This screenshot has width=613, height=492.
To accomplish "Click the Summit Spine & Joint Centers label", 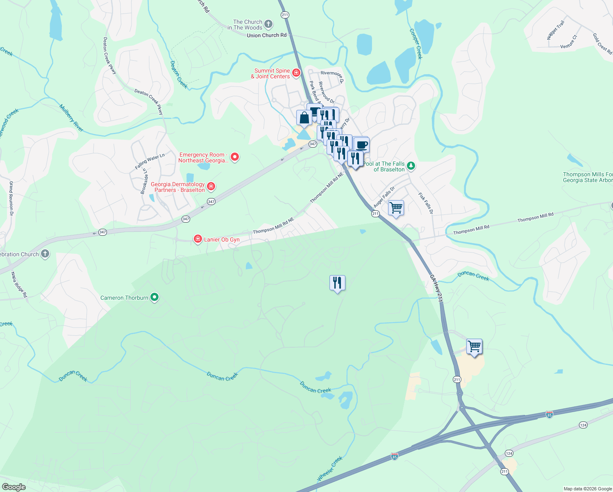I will [270, 73].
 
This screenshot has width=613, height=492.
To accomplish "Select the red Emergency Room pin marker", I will [235, 157].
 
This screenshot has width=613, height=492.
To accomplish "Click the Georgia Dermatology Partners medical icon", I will [211, 187].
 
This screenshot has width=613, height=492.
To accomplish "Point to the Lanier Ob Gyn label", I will [222, 239].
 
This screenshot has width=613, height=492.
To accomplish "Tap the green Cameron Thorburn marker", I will [154, 297].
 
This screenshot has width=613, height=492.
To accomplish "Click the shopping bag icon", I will [304, 118].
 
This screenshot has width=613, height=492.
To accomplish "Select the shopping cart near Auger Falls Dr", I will [396, 208].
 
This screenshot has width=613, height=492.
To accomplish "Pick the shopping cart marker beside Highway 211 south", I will [474, 346].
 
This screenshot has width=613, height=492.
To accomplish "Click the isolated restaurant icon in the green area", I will [337, 283].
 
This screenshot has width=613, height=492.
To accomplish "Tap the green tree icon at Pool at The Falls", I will [411, 166].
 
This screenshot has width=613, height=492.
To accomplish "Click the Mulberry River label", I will [71, 118].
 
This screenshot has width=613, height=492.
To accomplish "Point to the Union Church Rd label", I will [266, 36].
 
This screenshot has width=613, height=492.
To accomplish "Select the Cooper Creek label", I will [416, 43].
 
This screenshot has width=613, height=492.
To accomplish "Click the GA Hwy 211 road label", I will [436, 288].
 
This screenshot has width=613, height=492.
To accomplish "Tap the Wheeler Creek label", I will [330, 469].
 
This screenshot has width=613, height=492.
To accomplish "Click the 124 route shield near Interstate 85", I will [583, 425].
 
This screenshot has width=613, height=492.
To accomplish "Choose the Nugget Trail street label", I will [556, 30].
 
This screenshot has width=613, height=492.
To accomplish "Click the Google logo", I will [14, 487].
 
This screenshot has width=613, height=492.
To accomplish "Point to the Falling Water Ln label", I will [150, 162].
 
